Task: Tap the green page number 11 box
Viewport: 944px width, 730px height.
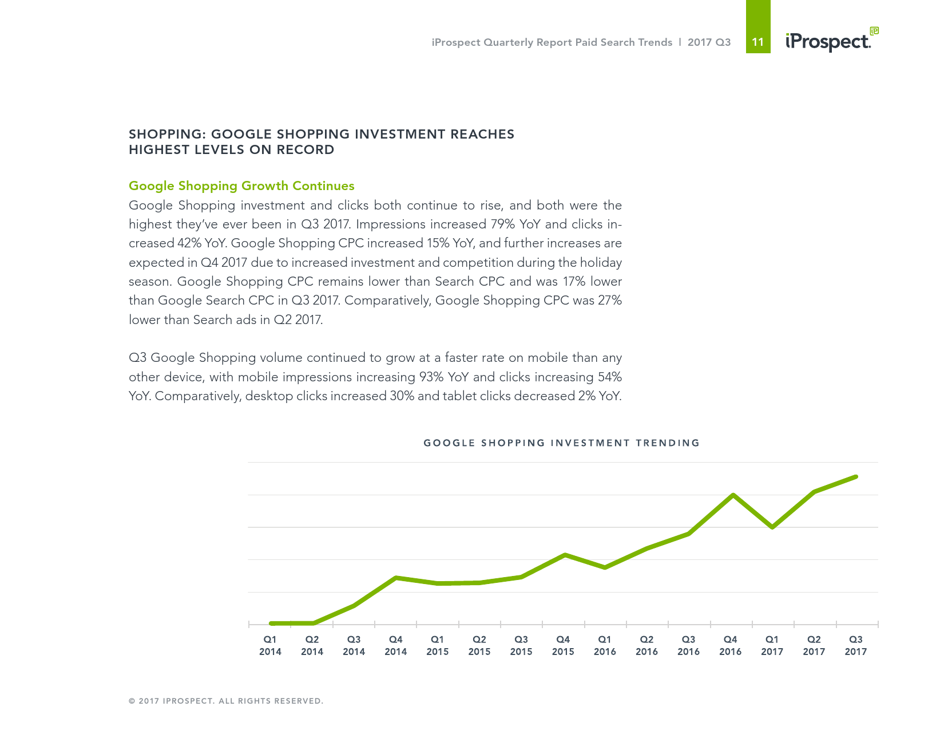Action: tap(758, 41)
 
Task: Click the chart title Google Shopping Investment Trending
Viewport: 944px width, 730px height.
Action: tap(561, 443)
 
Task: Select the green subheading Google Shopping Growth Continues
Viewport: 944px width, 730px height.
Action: tap(241, 186)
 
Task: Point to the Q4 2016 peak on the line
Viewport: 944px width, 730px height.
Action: tap(733, 495)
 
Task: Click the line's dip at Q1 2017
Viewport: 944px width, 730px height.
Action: tap(773, 527)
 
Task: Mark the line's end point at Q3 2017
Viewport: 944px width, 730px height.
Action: tap(856, 476)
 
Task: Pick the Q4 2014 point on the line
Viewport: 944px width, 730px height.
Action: tap(396, 578)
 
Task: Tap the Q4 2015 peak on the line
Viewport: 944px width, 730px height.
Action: tap(565, 555)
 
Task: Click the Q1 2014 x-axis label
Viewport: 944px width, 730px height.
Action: tap(270, 645)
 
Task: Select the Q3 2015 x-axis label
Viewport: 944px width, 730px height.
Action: tap(521, 645)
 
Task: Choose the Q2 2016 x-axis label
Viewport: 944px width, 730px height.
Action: tap(646, 645)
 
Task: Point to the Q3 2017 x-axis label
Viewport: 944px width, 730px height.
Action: tap(856, 645)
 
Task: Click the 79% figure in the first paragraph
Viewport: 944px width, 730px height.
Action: tap(503, 224)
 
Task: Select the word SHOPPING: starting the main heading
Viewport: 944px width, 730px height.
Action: tap(166, 135)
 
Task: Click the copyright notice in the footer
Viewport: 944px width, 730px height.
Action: tap(226, 701)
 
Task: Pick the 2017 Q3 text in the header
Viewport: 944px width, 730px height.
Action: tap(709, 42)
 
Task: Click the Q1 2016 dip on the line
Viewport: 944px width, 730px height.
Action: tap(605, 567)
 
